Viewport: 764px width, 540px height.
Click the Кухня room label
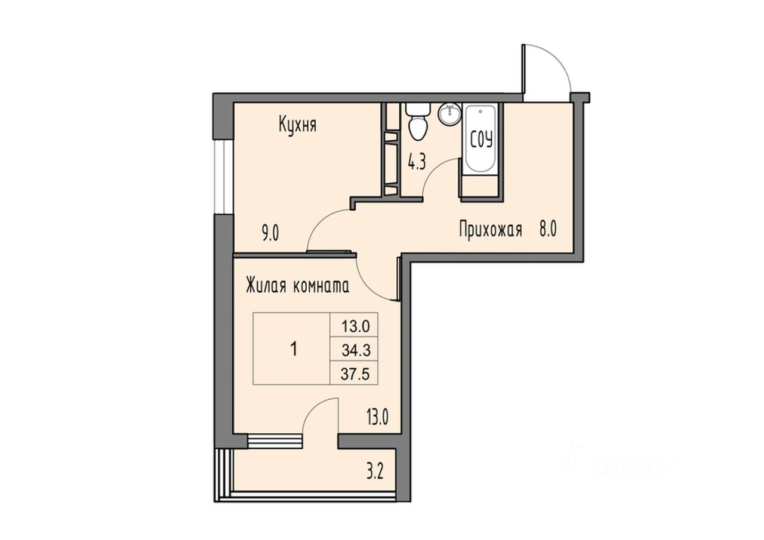pyautogui.click(x=297, y=125)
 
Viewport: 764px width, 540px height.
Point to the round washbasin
pyautogui.click(x=449, y=114)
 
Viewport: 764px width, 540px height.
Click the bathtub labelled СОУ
pyautogui.click(x=481, y=141)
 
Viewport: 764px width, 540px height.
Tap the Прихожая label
pyautogui.click(x=491, y=230)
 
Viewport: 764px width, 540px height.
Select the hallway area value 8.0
pyautogui.click(x=548, y=230)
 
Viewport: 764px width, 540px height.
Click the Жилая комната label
pyautogui.click(x=297, y=286)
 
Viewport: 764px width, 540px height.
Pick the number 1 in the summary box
pyautogui.click(x=293, y=349)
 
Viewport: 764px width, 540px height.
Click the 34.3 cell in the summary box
pyautogui.click(x=356, y=349)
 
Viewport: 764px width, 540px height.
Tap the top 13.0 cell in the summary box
pyautogui.click(x=356, y=326)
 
